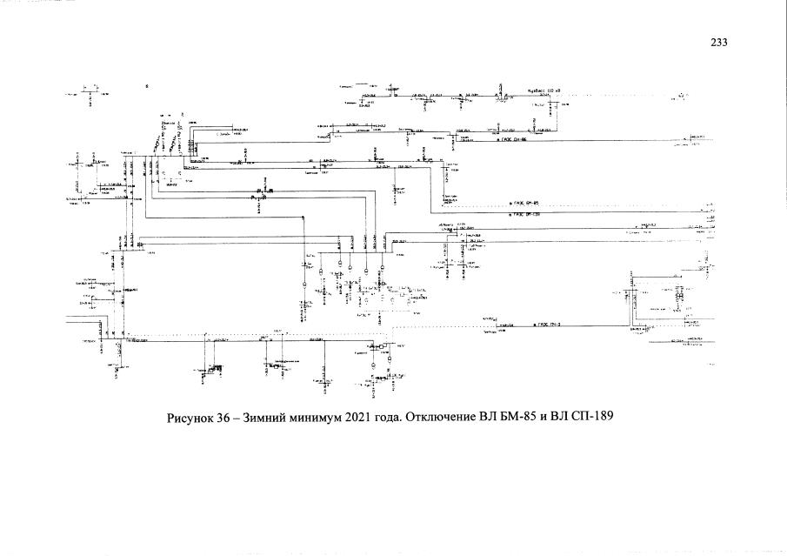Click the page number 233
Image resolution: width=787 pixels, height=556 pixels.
click(x=717, y=43)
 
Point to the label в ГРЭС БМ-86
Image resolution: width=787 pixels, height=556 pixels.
click(x=514, y=138)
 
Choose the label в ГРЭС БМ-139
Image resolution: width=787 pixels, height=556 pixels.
click(x=525, y=213)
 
